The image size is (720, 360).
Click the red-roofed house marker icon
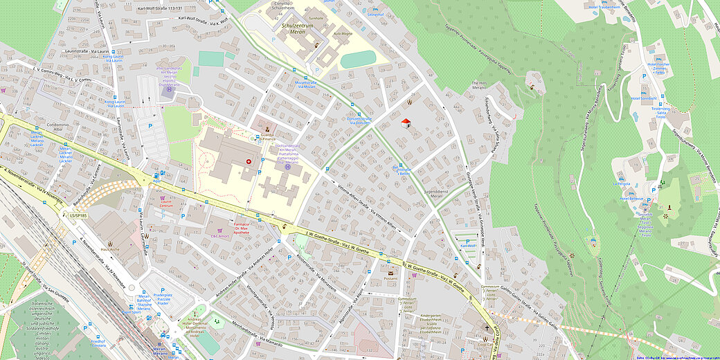point(406,123)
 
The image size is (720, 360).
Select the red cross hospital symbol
point(249,161)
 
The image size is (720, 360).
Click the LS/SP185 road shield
point(78,215)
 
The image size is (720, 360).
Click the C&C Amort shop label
point(220,237)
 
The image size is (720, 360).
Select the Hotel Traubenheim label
point(603,7)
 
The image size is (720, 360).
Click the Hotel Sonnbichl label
point(644,98)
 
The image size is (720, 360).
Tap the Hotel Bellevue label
point(627,199)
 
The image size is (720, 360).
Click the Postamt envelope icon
point(390,273)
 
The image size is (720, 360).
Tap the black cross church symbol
point(487,329)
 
